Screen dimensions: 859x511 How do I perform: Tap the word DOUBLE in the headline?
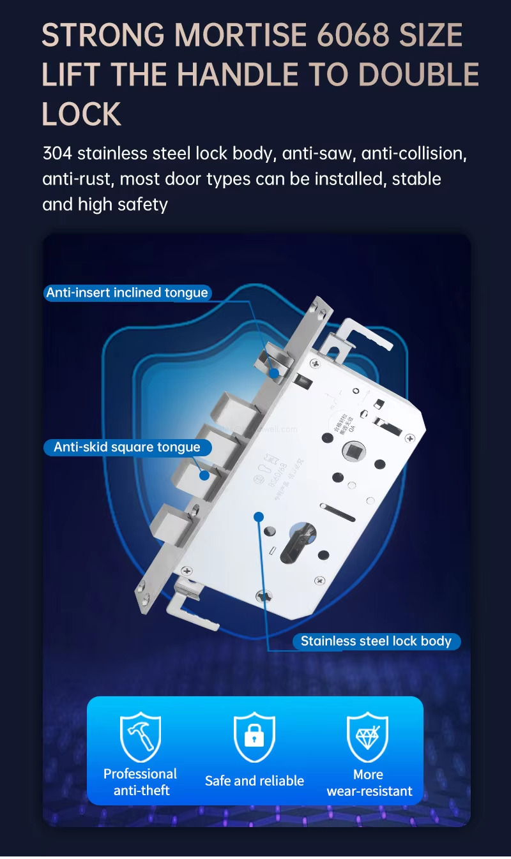[418, 75]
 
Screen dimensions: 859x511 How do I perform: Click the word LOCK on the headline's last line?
[81, 115]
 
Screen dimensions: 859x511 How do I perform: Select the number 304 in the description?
[57, 154]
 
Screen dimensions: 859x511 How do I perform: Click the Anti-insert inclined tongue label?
[127, 293]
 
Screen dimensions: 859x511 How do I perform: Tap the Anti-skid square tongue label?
[126, 447]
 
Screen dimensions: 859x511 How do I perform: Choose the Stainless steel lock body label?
[376, 641]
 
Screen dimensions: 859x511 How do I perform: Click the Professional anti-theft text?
[141, 782]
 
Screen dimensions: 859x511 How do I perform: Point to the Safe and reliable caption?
[254, 781]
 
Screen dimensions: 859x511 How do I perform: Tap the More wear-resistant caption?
[369, 783]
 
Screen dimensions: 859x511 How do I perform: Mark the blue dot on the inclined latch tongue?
[273, 372]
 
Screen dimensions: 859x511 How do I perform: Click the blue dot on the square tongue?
[204, 475]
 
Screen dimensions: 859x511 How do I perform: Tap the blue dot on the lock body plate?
[258, 516]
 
